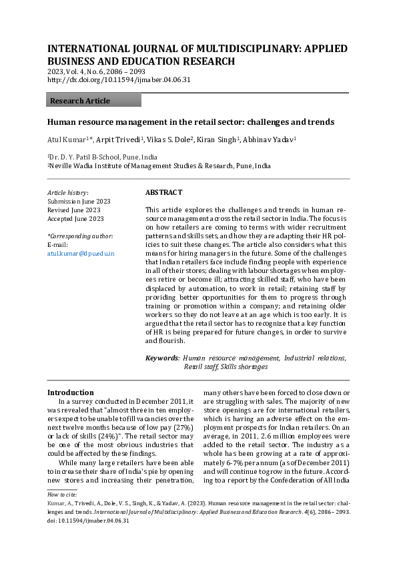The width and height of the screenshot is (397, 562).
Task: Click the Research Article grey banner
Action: (94, 101)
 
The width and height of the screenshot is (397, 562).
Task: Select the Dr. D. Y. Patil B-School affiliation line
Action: (102, 157)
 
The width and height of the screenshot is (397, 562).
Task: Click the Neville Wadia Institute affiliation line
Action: (159, 166)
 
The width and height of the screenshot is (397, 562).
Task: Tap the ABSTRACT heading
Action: (163, 192)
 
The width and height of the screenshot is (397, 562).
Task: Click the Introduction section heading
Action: (71, 392)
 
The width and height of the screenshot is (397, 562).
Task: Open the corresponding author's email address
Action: (81, 254)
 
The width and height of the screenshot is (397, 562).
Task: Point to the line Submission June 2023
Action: (79, 201)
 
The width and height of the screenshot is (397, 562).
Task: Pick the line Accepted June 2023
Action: (75, 218)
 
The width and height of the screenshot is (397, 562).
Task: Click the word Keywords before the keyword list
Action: (162, 358)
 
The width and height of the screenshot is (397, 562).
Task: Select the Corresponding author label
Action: (80, 236)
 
